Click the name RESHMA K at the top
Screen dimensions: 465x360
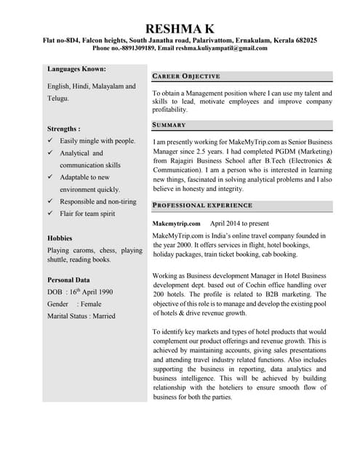coord(180,28)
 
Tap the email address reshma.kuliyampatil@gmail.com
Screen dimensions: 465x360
coord(220,48)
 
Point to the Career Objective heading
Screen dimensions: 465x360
coord(186,76)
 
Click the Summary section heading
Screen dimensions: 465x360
coord(169,125)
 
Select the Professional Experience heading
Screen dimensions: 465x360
coord(202,206)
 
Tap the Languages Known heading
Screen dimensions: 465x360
coord(76,69)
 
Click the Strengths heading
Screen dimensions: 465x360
coord(63,128)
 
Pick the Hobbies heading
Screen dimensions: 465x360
coord(60,238)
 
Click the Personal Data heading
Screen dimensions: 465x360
coord(68,280)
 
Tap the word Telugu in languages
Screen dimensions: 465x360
coord(58,97)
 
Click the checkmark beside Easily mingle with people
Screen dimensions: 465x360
coord(50,140)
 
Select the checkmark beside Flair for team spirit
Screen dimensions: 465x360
coord(50,214)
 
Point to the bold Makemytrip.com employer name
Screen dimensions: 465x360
coord(176,224)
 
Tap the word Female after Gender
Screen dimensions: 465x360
coord(89,304)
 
